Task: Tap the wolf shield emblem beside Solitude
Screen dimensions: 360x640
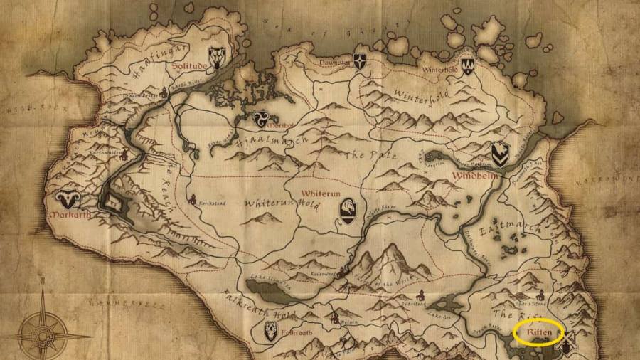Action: (217, 56)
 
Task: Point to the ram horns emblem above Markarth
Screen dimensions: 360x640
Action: (68, 199)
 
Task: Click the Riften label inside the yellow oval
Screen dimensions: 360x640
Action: (538, 332)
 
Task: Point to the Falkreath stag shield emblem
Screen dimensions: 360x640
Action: (270, 330)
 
